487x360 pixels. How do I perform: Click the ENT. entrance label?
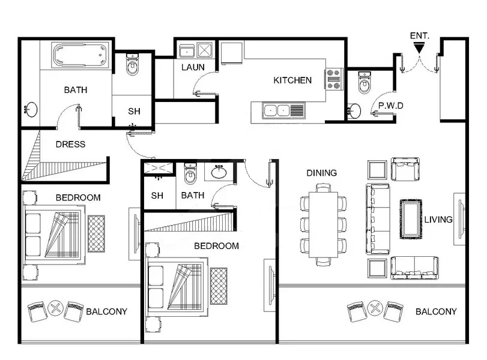click(419, 35)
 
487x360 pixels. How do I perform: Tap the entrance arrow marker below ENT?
click(419, 46)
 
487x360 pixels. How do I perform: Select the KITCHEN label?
click(292, 80)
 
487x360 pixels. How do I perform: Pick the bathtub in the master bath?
click(80, 56)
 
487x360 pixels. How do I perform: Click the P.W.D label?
click(390, 106)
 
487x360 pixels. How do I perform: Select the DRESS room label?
click(70, 145)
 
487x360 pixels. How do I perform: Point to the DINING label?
click(322, 173)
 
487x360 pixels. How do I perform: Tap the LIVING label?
click(438, 220)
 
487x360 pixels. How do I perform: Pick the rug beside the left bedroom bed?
click(96, 233)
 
